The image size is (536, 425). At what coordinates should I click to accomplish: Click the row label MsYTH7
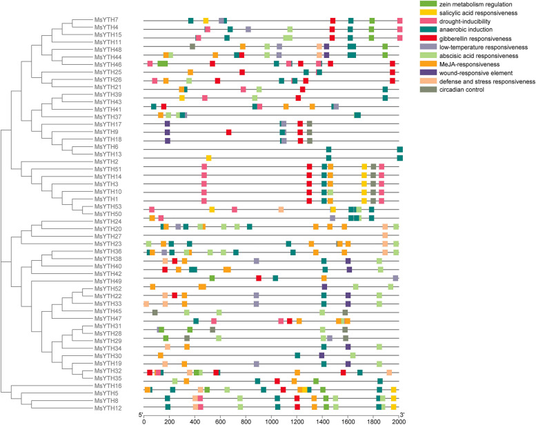coord(106,19)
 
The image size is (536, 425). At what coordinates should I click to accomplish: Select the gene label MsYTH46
coord(107,63)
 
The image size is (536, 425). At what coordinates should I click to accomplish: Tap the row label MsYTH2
coord(106,161)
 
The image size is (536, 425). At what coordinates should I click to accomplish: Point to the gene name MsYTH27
coord(107,236)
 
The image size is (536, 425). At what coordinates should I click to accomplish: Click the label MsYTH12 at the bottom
coord(107,408)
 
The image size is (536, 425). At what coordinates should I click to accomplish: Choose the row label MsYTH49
coord(107,281)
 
